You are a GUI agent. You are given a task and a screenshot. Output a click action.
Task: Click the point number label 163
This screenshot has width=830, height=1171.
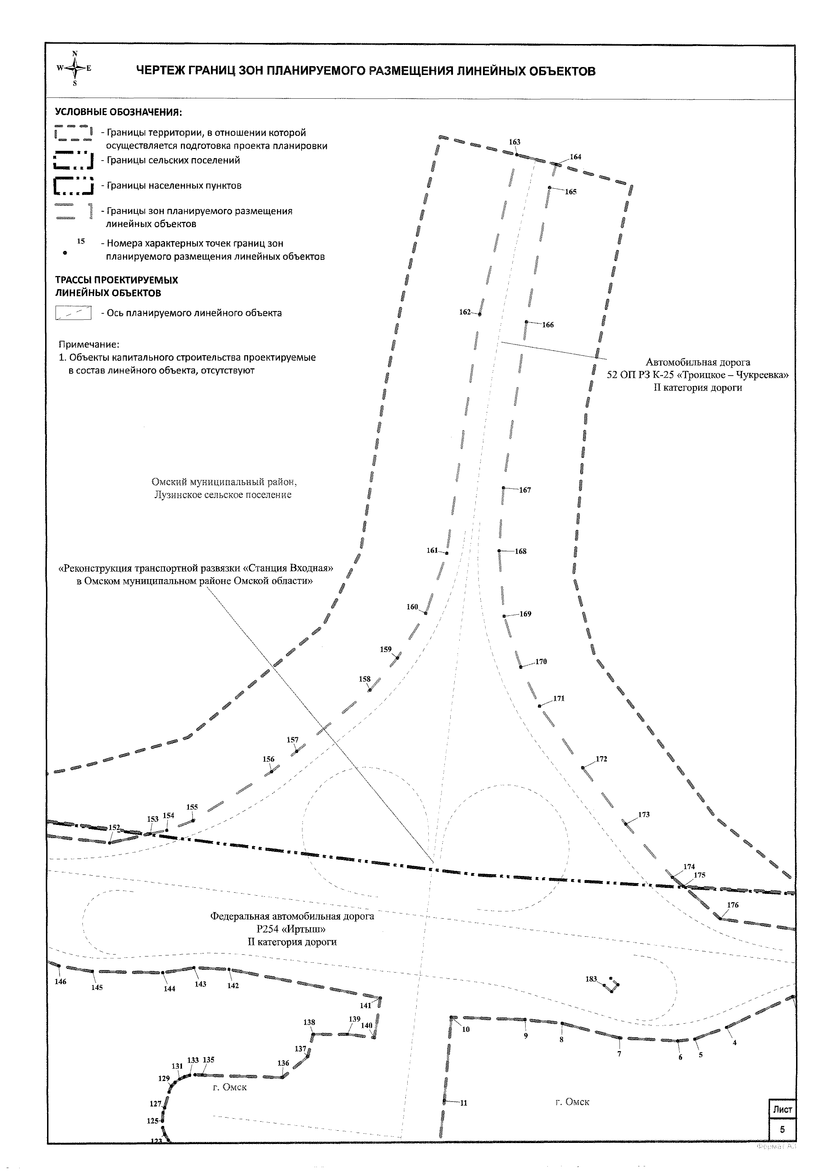(515, 142)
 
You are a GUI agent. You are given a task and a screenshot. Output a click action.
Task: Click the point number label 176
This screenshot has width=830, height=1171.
(733, 905)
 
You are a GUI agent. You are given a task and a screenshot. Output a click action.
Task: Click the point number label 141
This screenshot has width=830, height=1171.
(365, 1005)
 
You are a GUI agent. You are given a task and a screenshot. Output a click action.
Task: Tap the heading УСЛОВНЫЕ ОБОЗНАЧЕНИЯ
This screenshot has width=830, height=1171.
(118, 112)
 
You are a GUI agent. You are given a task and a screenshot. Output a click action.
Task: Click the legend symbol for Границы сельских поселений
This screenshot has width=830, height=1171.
(74, 160)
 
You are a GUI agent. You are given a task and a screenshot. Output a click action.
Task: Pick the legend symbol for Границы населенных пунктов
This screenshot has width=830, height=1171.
(74, 185)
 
